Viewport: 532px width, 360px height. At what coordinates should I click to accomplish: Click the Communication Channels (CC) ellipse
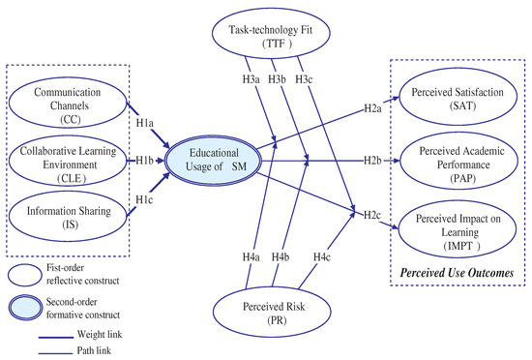coord(67,100)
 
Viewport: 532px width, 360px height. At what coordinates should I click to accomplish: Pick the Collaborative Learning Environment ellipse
coord(67,159)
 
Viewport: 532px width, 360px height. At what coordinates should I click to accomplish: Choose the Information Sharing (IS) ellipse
coord(67,213)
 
